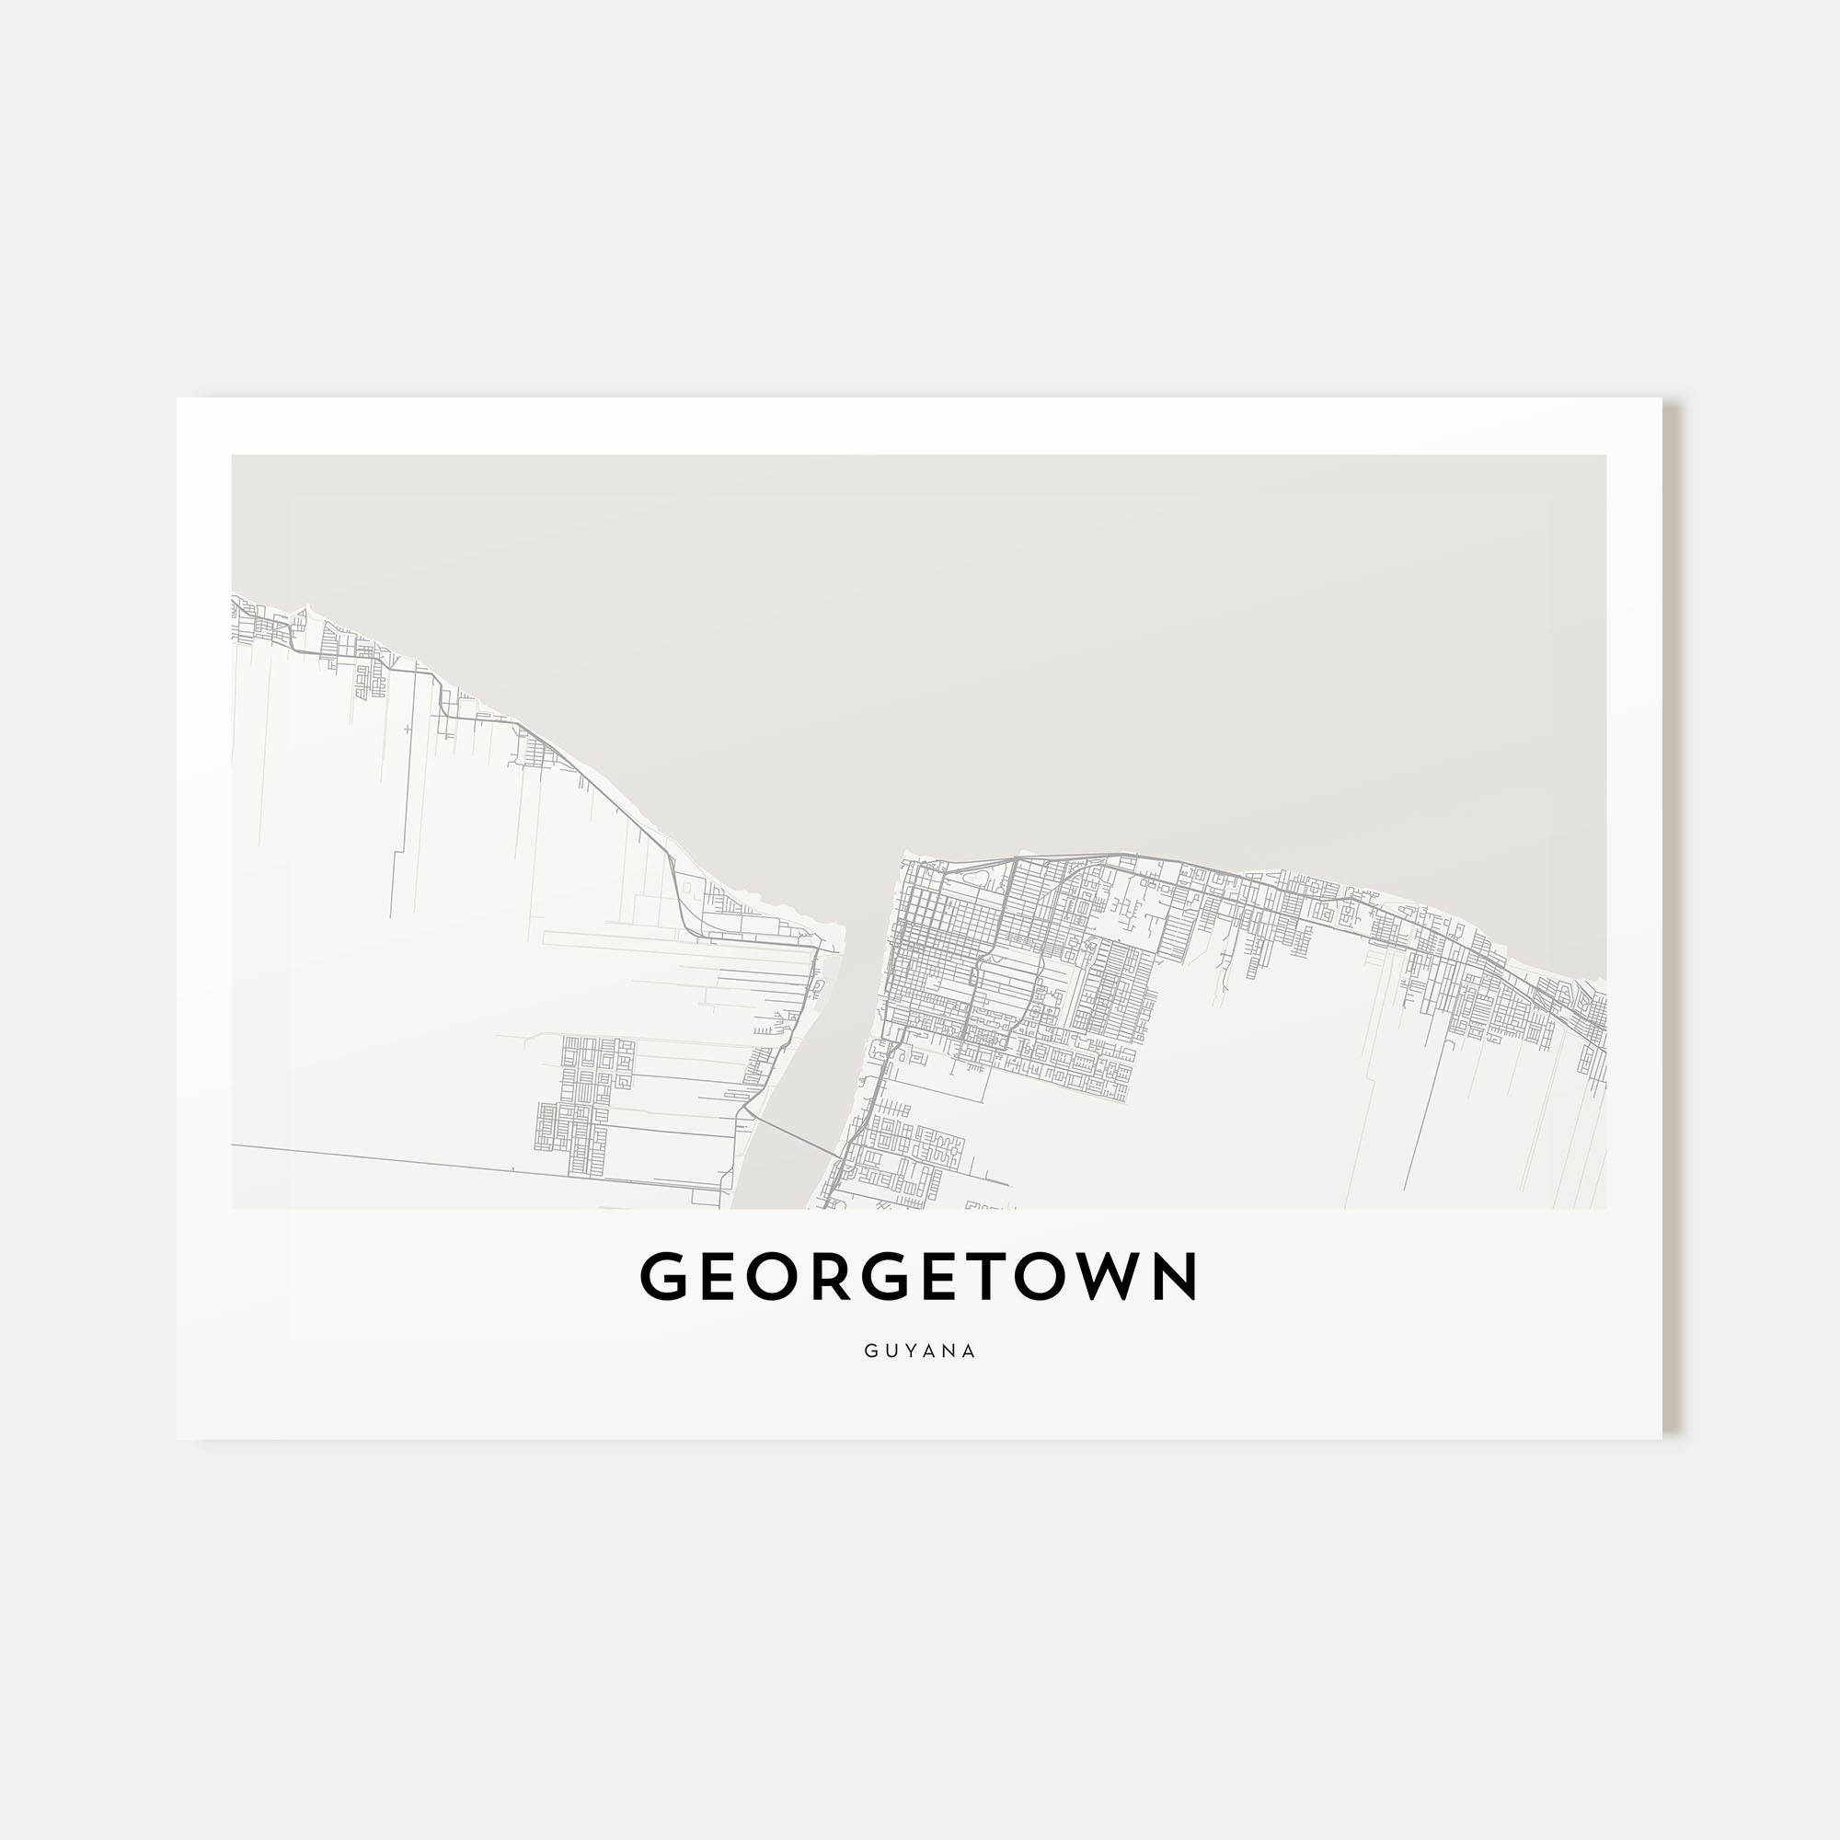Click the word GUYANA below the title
920,1351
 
